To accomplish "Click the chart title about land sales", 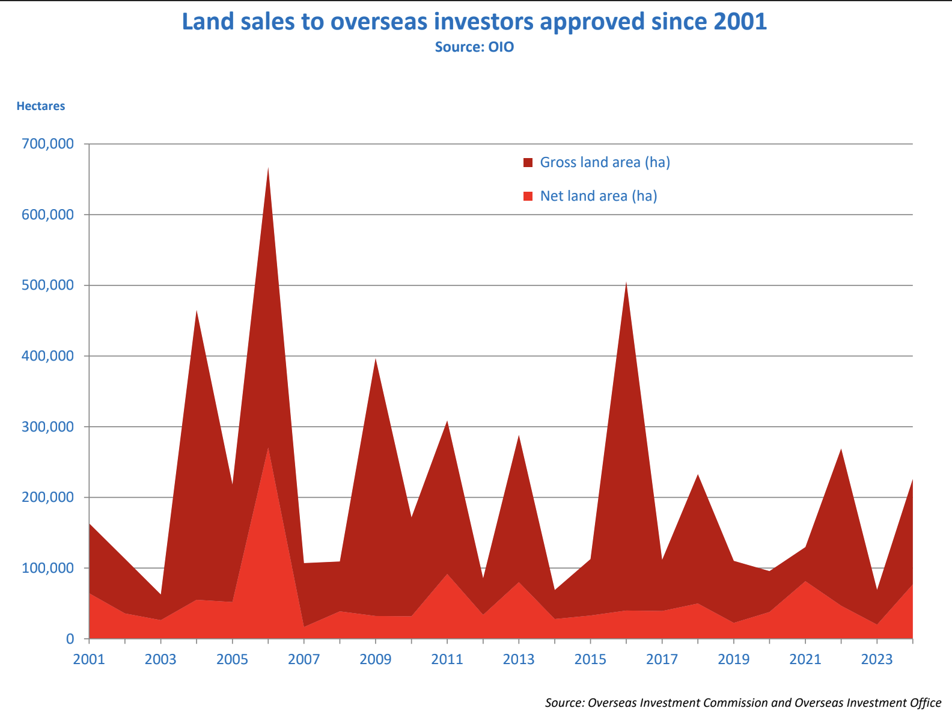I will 474,22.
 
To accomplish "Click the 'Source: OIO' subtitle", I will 474,47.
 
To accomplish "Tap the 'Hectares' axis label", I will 41,106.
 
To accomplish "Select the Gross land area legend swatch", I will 528,163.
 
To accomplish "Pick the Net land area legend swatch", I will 528,197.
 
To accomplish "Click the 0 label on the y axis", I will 70,639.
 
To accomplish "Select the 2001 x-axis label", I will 89,659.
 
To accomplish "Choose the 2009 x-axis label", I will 376,659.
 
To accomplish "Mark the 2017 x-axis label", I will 662,659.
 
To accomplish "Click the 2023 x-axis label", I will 877,659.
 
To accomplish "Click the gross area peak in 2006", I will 268,168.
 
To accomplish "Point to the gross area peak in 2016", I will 626,282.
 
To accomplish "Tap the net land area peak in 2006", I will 268,448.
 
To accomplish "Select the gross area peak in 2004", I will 197,311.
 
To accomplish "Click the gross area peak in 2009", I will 376,359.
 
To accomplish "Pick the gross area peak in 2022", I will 841,450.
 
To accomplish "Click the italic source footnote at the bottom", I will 743,703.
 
